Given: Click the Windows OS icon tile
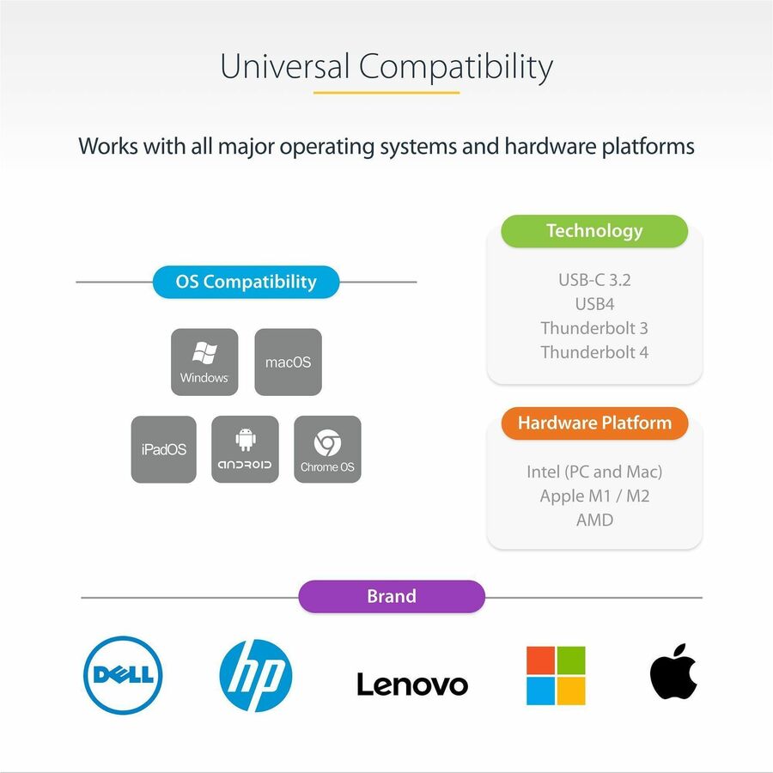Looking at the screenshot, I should tap(204, 362).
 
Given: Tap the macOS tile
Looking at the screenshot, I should tap(289, 362).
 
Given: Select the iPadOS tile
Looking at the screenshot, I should tap(164, 449).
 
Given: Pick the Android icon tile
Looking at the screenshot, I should tap(245, 449).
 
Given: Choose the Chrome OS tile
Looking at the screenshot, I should tap(327, 449).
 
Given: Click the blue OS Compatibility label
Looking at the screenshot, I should tap(246, 282).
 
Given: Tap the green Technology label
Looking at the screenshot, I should tap(594, 231).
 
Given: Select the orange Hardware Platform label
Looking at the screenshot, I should tap(594, 423).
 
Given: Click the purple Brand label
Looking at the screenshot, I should tap(392, 596).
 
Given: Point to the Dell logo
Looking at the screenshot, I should tap(124, 675).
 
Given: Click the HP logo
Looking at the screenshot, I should tap(256, 675).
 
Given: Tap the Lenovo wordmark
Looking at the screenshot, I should tap(412, 684).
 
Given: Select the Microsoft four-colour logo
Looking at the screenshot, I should tap(556, 675).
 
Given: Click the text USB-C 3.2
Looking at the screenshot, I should tap(594, 280).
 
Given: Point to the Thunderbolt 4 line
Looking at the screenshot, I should tap(594, 352).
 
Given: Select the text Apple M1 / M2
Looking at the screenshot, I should tap(594, 496).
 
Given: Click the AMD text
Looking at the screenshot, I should tap(594, 520).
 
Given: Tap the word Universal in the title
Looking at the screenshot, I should tap(283, 67).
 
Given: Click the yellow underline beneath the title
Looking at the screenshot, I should tap(386, 92).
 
